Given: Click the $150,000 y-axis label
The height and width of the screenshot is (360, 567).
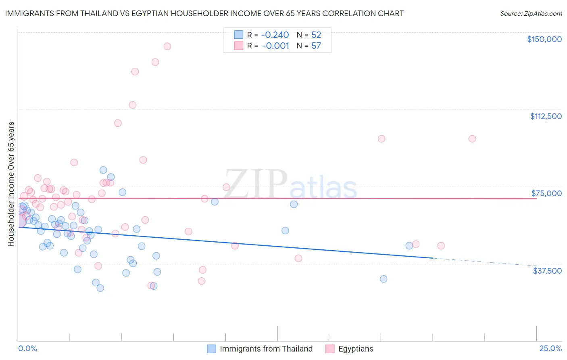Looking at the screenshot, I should [x=544, y=39].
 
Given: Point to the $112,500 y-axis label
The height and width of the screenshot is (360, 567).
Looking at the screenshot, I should [x=546, y=116].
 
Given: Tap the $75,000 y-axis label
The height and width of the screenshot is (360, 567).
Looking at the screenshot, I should [x=546, y=193].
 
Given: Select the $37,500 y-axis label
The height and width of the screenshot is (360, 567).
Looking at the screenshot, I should [x=547, y=271].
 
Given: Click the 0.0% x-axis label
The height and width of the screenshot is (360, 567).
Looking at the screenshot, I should [x=28, y=349].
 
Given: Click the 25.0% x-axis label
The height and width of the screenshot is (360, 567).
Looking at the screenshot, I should [x=550, y=349].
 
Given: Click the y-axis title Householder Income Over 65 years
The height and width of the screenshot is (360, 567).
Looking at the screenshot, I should [x=11, y=184].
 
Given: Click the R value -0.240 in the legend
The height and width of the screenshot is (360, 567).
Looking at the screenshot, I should [x=275, y=35].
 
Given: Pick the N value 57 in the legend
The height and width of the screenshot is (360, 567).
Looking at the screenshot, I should [x=316, y=46].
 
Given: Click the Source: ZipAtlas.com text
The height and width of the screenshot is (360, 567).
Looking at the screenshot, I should [x=531, y=14].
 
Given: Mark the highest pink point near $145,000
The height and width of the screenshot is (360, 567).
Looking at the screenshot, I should [x=167, y=46].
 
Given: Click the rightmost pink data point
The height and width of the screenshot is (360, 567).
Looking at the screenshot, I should [x=472, y=139].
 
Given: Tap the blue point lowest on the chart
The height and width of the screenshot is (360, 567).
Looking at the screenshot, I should [x=100, y=288].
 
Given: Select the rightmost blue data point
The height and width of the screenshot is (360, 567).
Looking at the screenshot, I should [x=409, y=246].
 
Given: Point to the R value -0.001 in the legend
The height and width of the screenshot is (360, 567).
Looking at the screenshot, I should [x=275, y=46].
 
